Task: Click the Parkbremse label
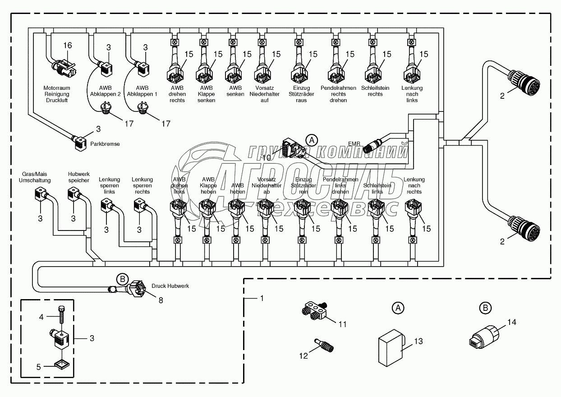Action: click(x=105, y=144)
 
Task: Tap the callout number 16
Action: click(x=67, y=46)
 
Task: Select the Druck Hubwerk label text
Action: click(x=170, y=286)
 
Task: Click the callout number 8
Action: click(x=160, y=300)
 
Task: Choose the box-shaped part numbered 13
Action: click(x=390, y=346)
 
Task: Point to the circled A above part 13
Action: click(x=397, y=308)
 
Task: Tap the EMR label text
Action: click(x=354, y=144)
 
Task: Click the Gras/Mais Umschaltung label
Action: click(x=35, y=177)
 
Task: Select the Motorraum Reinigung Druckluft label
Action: click(x=56, y=94)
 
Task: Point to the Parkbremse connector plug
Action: click(x=81, y=142)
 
